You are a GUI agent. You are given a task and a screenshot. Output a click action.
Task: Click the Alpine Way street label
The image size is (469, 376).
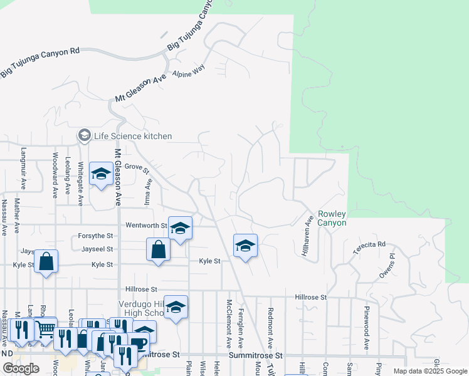click(191, 71)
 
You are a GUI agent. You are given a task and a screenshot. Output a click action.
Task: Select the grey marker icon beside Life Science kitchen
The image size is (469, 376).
click(84, 135)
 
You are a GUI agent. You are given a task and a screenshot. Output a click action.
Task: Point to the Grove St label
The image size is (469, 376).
click(137, 167)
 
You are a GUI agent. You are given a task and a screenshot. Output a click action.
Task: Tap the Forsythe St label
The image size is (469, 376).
click(95, 236)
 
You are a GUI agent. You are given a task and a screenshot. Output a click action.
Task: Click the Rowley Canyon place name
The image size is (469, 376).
click(332, 218)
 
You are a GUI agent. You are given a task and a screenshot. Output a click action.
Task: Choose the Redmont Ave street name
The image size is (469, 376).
click(270, 328)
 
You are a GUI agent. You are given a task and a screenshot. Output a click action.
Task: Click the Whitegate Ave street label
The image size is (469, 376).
click(80, 184)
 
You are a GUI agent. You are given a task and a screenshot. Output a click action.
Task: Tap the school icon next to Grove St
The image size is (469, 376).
click(101, 174)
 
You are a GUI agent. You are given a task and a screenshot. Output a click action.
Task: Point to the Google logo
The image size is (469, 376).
click(21, 368)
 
